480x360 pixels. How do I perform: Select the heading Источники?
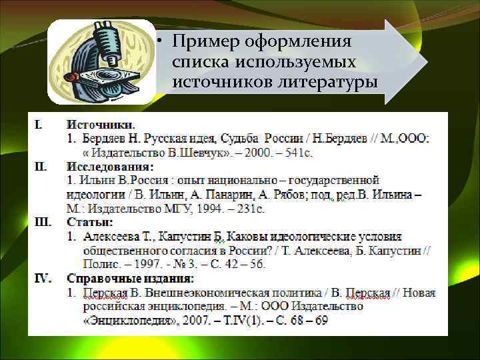click(101, 124)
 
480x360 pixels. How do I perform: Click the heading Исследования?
click(109, 166)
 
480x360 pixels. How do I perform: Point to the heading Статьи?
click(90, 222)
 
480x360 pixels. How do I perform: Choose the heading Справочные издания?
click(130, 278)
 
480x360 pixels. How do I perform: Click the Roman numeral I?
click(39, 124)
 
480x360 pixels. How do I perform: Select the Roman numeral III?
click(43, 222)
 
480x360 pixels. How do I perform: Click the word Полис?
click(99, 265)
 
